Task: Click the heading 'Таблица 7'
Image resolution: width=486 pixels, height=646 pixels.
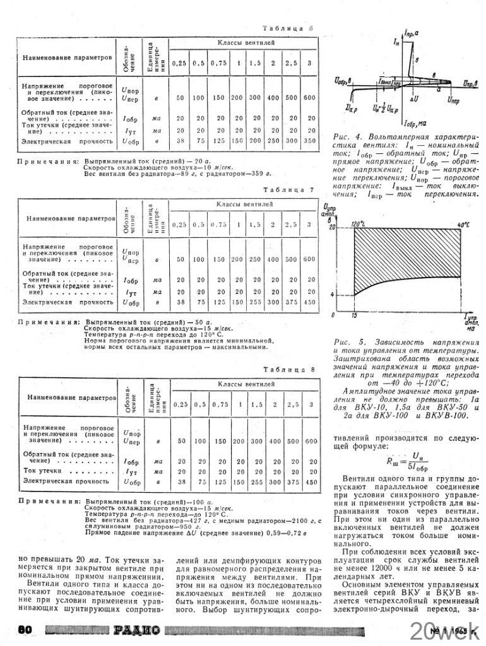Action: coord(288,189)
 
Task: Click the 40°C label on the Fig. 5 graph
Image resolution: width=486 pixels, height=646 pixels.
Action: coord(465,224)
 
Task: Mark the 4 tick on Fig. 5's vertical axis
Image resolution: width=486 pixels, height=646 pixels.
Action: coord(332,295)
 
